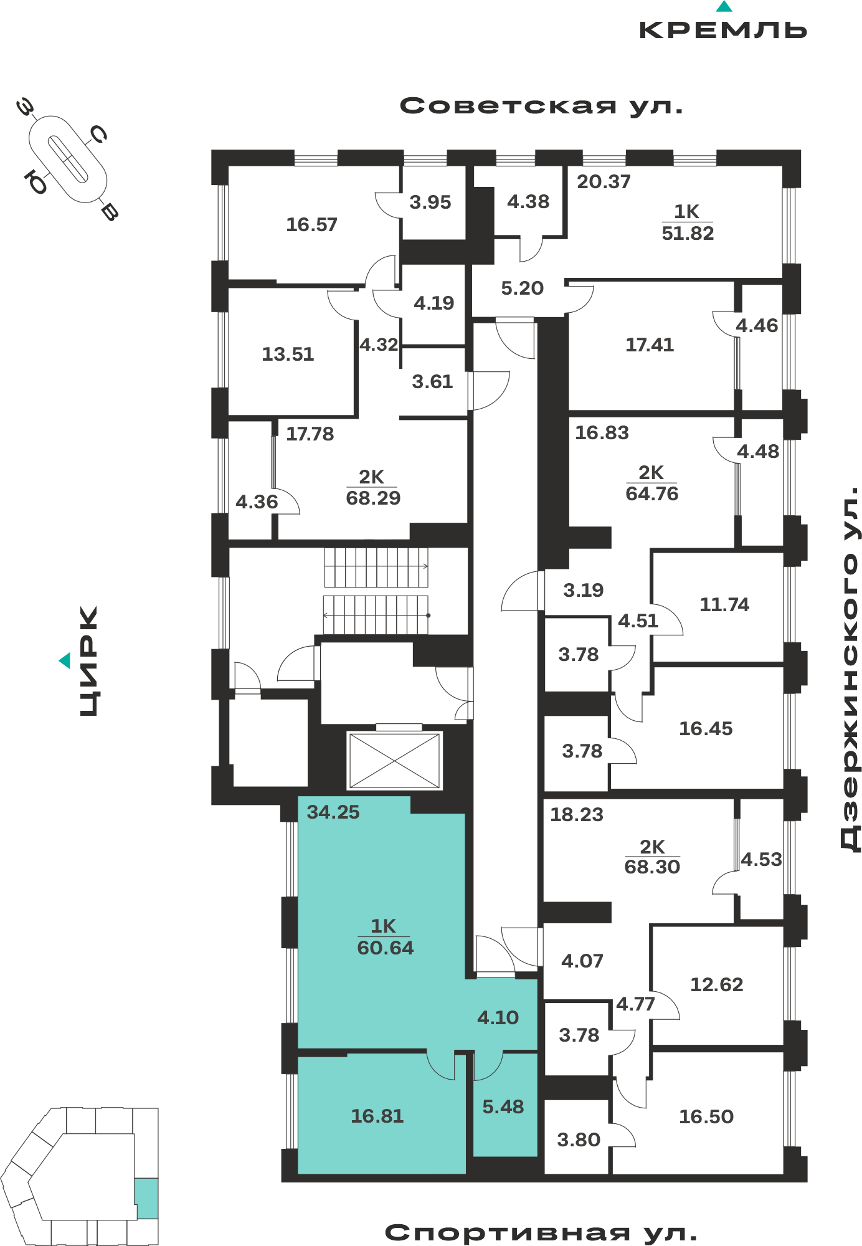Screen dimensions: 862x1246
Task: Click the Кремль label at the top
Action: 723,30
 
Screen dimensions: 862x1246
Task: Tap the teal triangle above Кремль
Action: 724,6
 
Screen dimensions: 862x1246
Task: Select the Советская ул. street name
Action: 541,106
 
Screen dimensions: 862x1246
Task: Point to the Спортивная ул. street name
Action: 541,1233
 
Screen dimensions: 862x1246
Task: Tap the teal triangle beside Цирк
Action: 65,660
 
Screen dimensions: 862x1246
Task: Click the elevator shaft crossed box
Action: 395,760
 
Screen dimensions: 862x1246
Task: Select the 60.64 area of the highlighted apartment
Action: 386,948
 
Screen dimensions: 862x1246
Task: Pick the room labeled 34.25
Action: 333,812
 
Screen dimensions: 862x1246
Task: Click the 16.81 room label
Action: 377,1116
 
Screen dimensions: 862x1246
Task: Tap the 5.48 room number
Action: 503,1106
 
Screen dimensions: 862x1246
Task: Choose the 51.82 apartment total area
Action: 688,233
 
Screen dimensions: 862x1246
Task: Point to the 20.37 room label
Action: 604,181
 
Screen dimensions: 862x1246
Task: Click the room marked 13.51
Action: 288,354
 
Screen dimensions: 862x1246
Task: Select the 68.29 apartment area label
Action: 373,498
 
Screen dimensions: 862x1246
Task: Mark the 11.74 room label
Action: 724,604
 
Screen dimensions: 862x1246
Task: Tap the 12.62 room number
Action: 717,984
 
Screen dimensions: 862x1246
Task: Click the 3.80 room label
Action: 579,1139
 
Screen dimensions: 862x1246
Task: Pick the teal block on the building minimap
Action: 146,1198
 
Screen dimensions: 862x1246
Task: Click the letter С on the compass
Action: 98,134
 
